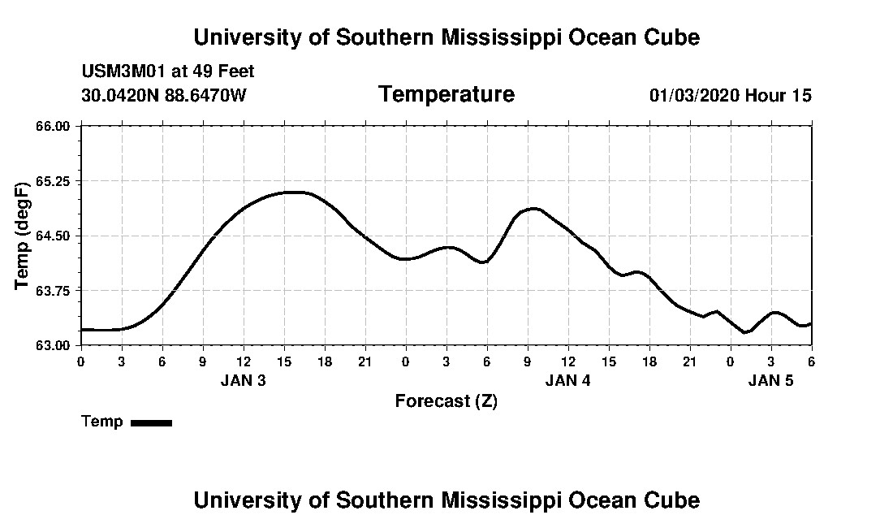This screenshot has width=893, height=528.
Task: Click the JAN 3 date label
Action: tap(243, 380)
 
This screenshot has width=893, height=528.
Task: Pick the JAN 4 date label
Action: tap(567, 380)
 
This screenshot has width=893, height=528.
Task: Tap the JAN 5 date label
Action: tap(770, 380)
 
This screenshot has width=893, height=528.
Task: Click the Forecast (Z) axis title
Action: tap(446, 400)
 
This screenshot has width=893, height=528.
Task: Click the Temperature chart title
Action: tap(446, 94)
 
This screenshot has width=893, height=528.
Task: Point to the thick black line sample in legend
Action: tap(151, 422)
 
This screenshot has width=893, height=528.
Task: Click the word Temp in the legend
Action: tap(102, 422)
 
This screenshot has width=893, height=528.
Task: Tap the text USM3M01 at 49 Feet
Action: tap(168, 71)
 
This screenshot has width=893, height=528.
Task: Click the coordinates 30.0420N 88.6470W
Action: tap(164, 95)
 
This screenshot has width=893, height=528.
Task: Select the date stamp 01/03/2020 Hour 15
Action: tap(730, 95)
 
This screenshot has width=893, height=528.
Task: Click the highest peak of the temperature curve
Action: tap(294, 192)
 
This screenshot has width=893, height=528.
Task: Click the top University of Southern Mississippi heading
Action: tap(446, 37)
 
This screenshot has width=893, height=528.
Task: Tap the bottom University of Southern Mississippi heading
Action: tap(446, 500)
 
